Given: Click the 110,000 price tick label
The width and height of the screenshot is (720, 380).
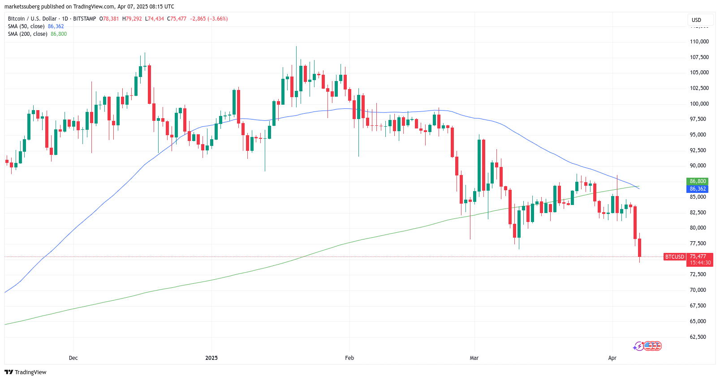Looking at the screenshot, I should pyautogui.click(x=699, y=42).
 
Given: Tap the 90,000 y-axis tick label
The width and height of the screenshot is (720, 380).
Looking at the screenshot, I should pyautogui.click(x=698, y=166).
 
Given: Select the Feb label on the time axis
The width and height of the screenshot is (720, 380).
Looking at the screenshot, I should pyautogui.click(x=349, y=358).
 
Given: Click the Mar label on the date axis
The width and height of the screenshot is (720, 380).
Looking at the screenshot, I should pyautogui.click(x=474, y=358).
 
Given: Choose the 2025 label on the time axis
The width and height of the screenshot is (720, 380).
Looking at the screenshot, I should pyautogui.click(x=211, y=358).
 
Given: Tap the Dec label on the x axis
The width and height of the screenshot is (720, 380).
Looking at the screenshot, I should pyautogui.click(x=73, y=358).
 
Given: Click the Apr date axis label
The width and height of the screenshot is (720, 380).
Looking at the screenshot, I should pyautogui.click(x=612, y=358).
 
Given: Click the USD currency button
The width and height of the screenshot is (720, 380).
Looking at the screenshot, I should pyautogui.click(x=696, y=20).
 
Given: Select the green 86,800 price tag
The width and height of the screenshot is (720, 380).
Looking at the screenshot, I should pyautogui.click(x=698, y=181).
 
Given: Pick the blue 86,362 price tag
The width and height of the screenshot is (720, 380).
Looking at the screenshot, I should pyautogui.click(x=698, y=189).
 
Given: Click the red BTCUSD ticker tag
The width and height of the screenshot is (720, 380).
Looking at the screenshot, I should pyautogui.click(x=674, y=257).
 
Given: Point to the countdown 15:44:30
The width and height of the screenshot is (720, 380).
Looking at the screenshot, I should pyautogui.click(x=700, y=263).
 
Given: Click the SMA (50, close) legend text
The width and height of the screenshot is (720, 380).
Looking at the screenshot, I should pyautogui.click(x=26, y=26).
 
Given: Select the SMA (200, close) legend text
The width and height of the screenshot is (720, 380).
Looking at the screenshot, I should pyautogui.click(x=28, y=34).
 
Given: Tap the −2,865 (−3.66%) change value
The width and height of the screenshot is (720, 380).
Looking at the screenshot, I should pyautogui.click(x=209, y=19).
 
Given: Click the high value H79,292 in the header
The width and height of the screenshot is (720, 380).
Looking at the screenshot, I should pyautogui.click(x=132, y=19).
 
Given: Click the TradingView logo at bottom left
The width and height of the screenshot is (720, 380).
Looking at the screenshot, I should pyautogui.click(x=26, y=372).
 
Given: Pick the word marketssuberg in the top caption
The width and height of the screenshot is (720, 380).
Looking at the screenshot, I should pyautogui.click(x=22, y=7).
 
